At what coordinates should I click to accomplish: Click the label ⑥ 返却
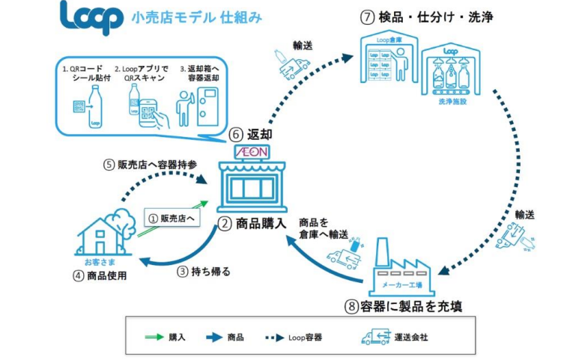(x=249, y=135)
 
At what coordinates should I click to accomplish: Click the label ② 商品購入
(x=255, y=223)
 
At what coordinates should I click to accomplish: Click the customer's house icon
(x=101, y=233)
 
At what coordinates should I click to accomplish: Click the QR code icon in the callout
(x=80, y=108)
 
